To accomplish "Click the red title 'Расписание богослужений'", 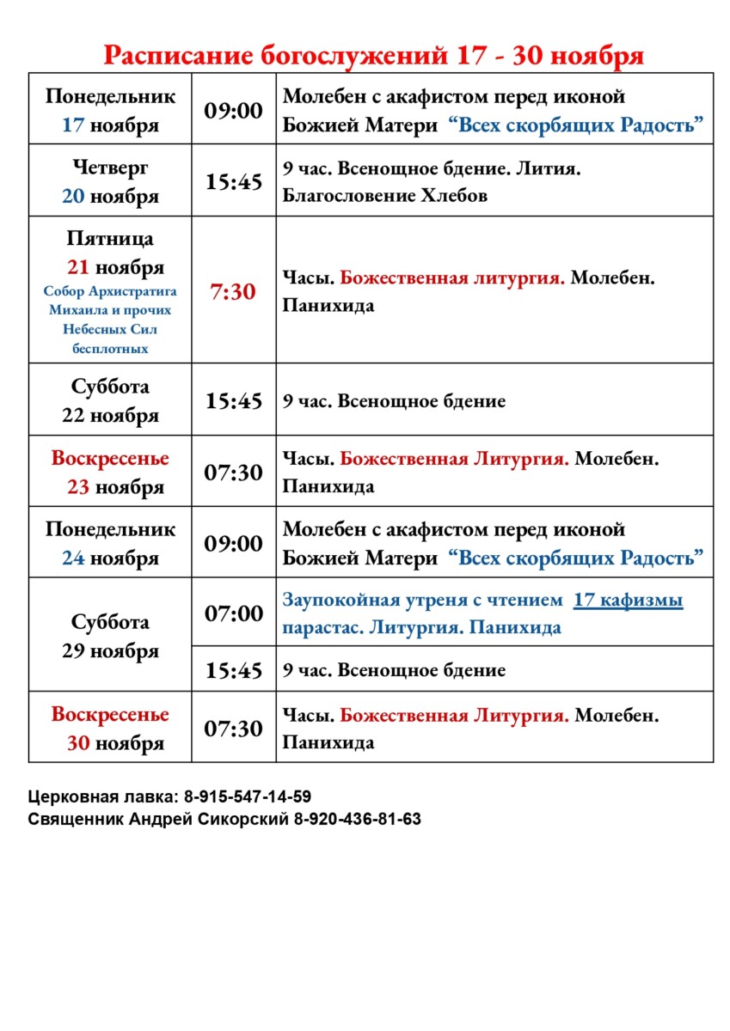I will [x=273, y=56].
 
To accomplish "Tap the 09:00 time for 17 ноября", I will [x=233, y=110].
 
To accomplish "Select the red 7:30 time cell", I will [x=233, y=292].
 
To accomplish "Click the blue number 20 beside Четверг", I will [x=73, y=196].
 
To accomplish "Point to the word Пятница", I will [x=110, y=238].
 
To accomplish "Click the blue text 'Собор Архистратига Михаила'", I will [x=110, y=300].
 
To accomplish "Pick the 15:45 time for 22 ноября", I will [x=233, y=401].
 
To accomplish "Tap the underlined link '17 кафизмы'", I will [x=628, y=601].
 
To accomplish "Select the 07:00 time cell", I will [x=233, y=613].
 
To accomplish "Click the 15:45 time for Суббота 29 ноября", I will [x=233, y=670].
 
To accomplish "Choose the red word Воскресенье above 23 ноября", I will [x=110, y=458].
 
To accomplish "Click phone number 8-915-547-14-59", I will [x=248, y=796].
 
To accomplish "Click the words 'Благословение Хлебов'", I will [x=385, y=195].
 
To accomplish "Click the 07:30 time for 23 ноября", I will [x=233, y=473].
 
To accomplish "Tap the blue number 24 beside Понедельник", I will [x=73, y=558].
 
